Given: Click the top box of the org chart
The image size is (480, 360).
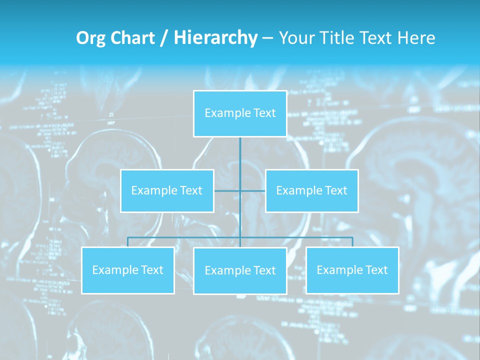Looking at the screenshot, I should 240,113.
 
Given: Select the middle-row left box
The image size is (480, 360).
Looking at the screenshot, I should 167,190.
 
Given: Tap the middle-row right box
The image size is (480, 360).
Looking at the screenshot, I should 311,190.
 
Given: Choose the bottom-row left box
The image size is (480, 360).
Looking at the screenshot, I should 128,270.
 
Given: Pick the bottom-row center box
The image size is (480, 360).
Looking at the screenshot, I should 240,270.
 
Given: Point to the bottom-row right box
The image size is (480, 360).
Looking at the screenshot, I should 352,270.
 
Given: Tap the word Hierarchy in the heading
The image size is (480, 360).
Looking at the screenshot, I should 215,38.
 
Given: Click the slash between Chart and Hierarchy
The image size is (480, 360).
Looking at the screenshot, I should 163,38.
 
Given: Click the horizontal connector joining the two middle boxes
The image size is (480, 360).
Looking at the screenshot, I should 227,190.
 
